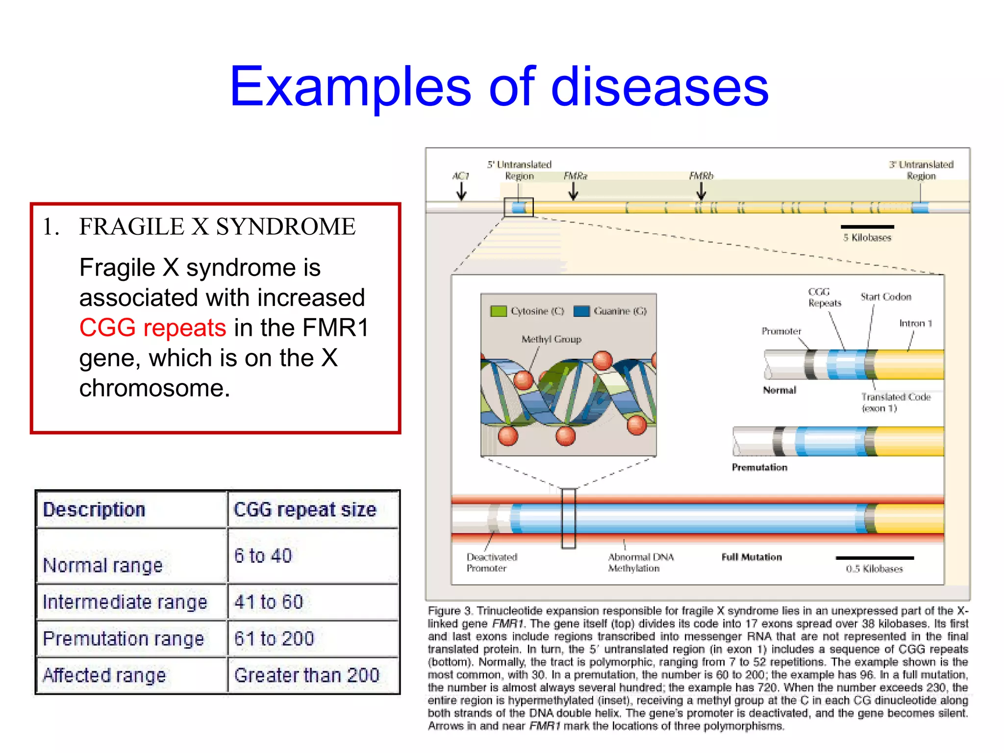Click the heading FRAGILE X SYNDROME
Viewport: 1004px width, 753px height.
217,226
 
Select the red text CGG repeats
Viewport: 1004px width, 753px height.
152,327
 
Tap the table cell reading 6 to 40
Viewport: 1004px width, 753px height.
263,555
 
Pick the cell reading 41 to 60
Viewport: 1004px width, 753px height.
269,602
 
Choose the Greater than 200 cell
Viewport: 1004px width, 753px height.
307,675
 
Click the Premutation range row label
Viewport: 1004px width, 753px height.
123,638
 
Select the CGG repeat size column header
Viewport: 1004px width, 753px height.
305,509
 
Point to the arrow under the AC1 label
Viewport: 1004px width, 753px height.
461,192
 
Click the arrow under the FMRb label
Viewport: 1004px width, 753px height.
701,191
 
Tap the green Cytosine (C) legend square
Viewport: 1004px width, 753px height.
498,311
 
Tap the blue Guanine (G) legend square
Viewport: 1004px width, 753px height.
581,311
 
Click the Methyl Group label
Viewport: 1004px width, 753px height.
551,339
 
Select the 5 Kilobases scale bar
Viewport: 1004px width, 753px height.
867,227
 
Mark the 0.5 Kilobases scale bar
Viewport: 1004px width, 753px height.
875,558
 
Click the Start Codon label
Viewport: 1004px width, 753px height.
886,297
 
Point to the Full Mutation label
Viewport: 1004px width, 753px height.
752,557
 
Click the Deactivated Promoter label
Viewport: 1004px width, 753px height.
491,562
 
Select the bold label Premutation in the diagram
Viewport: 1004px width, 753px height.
759,467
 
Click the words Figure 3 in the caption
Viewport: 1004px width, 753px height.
449,611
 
